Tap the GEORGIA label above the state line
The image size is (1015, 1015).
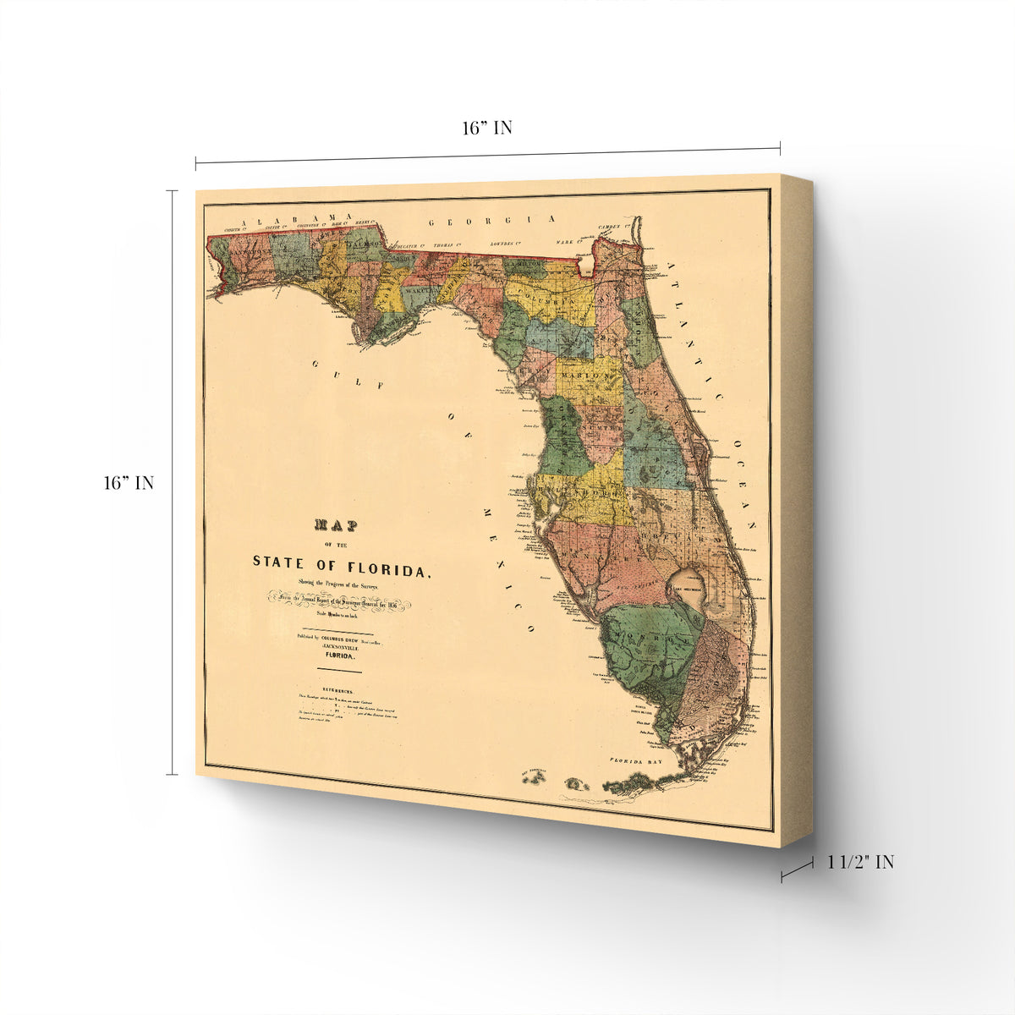coord(491,221)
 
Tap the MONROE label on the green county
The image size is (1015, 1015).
coord(650,635)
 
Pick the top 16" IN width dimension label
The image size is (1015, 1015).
coord(486,128)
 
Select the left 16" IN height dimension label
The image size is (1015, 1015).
coord(129,483)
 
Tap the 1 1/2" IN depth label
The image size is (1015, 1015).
coord(860,862)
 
